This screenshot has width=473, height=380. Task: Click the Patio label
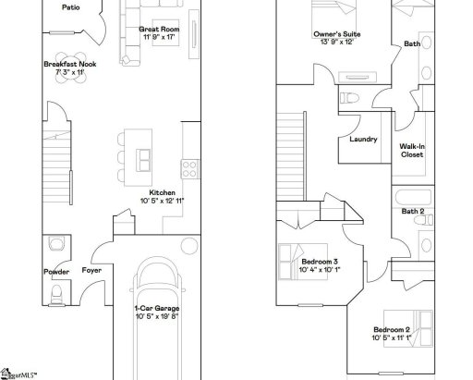coord(69,7)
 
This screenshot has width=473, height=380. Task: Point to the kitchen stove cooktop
coord(190,168)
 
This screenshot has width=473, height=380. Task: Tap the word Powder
coord(56,272)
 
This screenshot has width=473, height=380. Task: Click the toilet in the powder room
coord(55,294)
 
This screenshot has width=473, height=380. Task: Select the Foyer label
coord(91,272)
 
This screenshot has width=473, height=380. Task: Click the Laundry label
coord(363,140)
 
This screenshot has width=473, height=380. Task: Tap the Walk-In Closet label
coord(411,150)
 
